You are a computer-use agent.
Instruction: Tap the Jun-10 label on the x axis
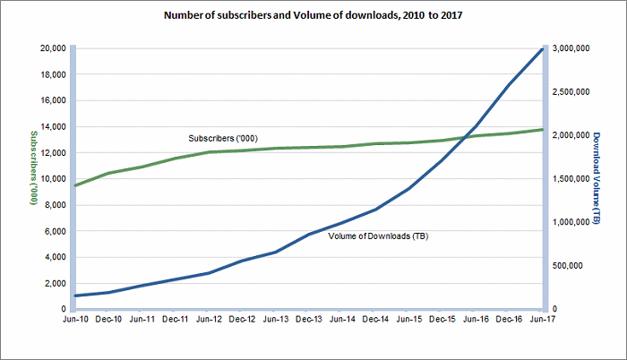[75, 318]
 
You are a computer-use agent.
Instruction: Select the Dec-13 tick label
[309, 318]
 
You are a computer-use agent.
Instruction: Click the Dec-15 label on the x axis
[442, 318]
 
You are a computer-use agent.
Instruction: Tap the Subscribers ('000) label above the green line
[222, 139]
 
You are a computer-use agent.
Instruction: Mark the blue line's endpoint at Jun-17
[542, 48]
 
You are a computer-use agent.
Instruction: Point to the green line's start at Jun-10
[75, 185]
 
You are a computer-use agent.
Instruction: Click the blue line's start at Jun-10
[75, 296]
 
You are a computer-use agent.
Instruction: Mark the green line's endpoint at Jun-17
[542, 130]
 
